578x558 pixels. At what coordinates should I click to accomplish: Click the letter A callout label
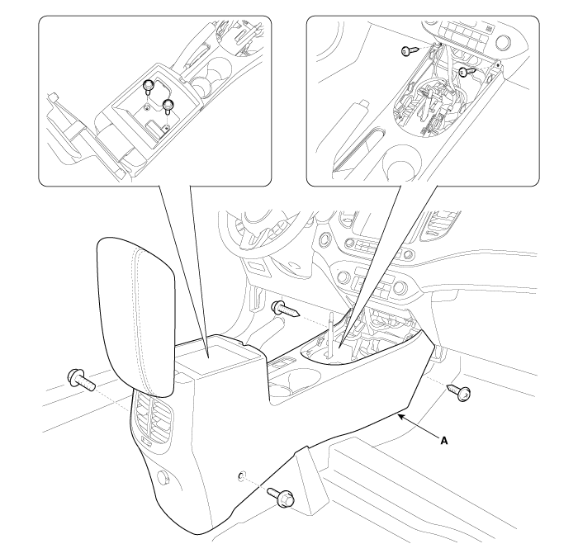[444, 440]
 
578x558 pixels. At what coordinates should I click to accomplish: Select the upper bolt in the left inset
[148, 86]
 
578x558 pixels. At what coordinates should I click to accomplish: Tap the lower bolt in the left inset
[168, 106]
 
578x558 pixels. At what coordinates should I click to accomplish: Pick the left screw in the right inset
[410, 50]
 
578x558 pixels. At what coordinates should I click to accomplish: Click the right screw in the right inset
[468, 72]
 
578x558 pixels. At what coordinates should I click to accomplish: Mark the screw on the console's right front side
[459, 392]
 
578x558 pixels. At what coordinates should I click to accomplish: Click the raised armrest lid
[135, 317]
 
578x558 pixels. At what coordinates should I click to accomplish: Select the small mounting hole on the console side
[241, 475]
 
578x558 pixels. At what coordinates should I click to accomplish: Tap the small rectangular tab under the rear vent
[148, 440]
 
